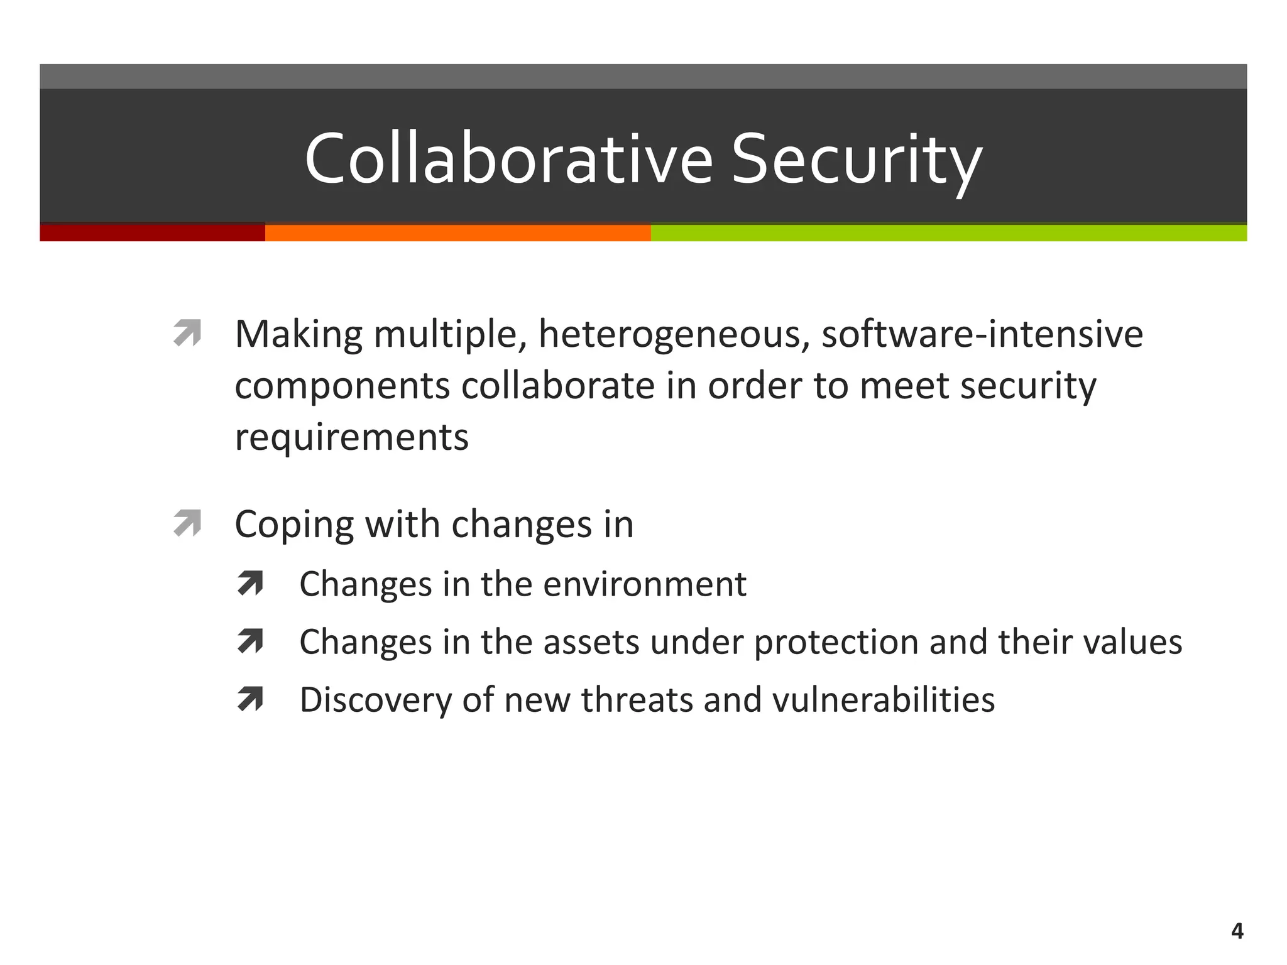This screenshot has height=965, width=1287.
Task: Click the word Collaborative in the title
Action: point(508,158)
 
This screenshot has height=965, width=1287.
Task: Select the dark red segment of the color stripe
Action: point(152,232)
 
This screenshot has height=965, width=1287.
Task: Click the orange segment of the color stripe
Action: point(457,232)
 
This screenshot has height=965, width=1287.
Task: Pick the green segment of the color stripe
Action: point(948,232)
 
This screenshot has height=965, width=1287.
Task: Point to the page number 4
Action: point(1237,931)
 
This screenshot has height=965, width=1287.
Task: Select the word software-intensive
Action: point(982,334)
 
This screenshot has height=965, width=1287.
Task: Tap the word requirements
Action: point(351,438)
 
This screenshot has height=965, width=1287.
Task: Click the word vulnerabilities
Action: point(883,700)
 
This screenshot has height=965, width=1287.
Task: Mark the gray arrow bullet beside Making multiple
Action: point(187,333)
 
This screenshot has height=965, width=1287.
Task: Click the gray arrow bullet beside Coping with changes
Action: point(187,523)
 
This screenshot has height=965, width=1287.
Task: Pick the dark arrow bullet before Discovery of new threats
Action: point(250,699)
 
